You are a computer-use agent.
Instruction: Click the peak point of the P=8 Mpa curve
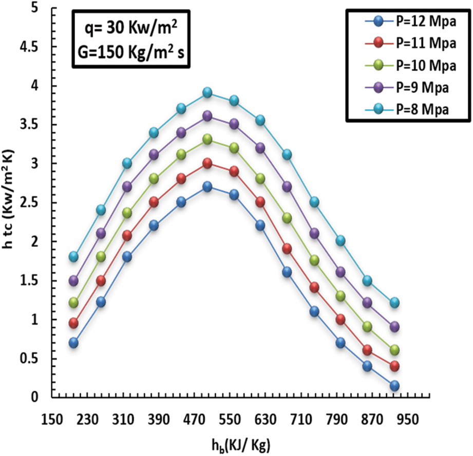(207, 93)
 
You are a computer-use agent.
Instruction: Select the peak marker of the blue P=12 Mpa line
(207, 187)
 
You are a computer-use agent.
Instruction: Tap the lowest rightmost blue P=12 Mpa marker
(394, 386)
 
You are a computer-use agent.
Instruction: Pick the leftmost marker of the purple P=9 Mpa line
(73, 281)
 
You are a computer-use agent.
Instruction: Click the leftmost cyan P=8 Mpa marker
(73, 256)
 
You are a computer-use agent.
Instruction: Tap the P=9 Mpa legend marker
(379, 87)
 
